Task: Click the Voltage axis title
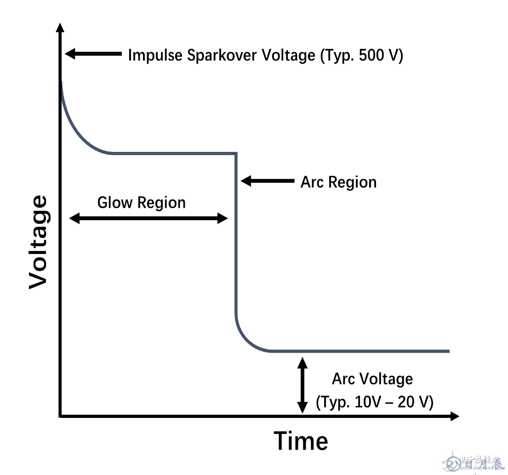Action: point(38,242)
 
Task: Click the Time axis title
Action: point(301,441)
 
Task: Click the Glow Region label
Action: point(142,203)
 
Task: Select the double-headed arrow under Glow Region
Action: point(148,218)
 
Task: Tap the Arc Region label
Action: point(338,182)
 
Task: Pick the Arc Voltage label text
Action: point(372,379)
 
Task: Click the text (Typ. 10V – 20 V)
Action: point(374,402)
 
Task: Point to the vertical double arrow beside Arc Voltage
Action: point(302,385)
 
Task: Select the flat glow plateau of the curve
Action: point(175,153)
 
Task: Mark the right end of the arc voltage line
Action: point(448,351)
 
